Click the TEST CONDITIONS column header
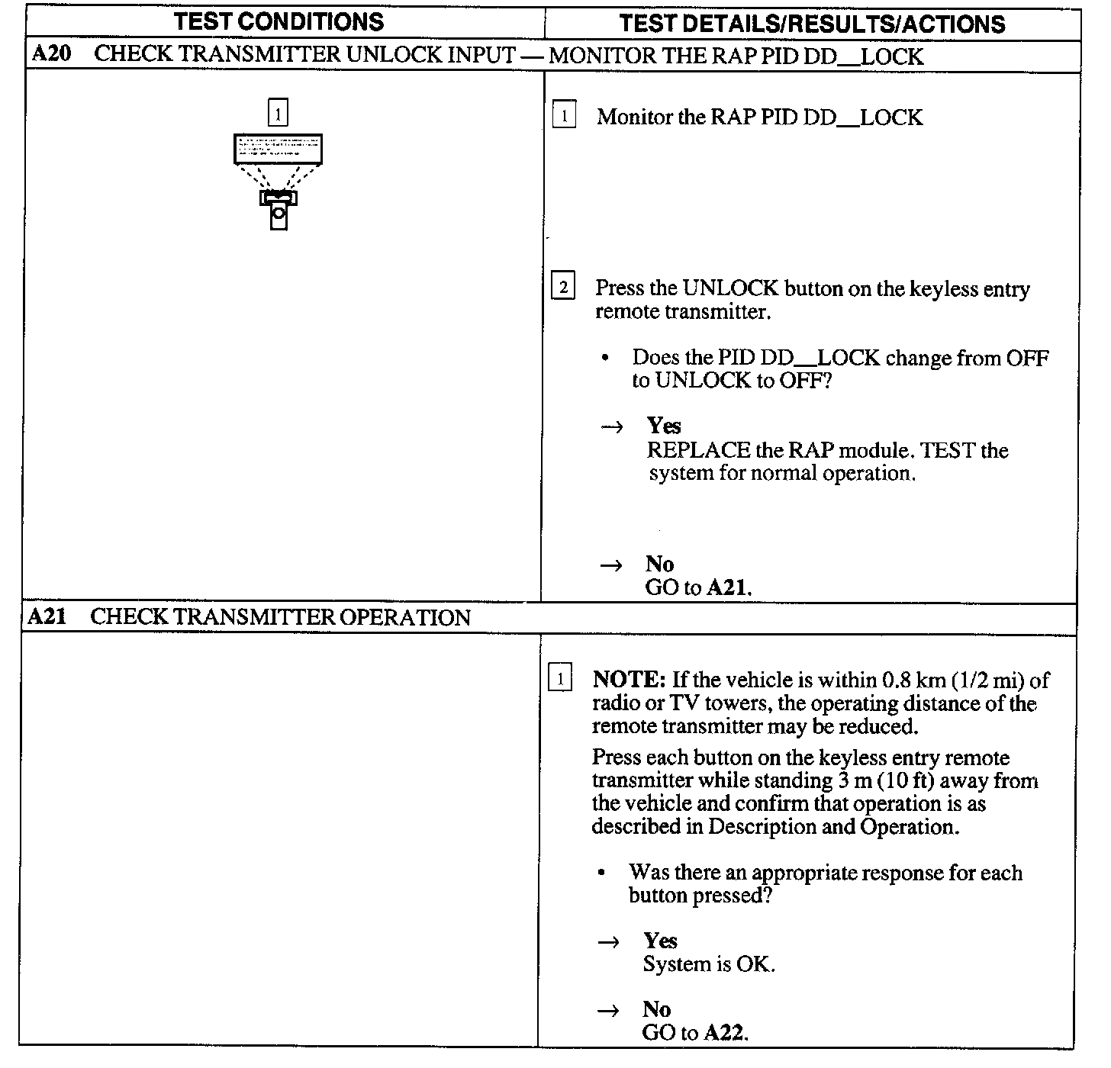tap(279, 21)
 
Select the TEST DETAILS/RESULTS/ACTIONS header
tap(812, 24)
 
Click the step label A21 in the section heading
tap(47, 616)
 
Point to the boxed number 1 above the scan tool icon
tap(279, 114)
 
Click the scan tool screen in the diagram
tap(278, 148)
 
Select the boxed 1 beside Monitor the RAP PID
tap(564, 117)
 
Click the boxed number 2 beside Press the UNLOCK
tap(563, 288)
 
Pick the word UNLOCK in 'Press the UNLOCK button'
tap(730, 289)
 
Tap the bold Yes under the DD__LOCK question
tap(663, 426)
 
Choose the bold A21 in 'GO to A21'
tap(728, 587)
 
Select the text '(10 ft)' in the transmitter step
tap(908, 780)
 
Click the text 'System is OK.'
tap(708, 964)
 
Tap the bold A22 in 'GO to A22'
tap(724, 1033)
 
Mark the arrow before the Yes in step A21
tap(609, 942)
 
